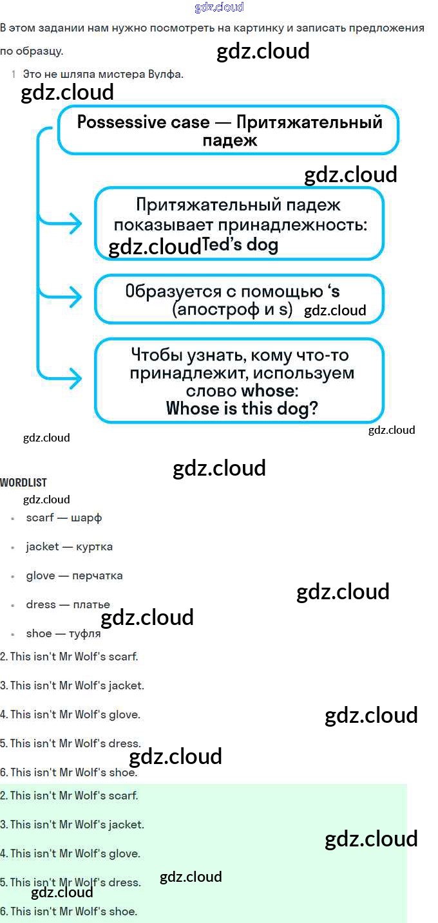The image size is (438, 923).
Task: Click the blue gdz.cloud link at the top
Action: [x=219, y=8]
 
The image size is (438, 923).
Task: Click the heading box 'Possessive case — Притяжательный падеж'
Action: [x=229, y=131]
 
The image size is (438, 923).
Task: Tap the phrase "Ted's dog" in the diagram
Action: [x=240, y=245]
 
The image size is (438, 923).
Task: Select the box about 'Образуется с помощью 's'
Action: [x=239, y=299]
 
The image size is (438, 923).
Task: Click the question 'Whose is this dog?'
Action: [x=242, y=409]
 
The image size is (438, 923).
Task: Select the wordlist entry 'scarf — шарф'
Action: [x=64, y=517]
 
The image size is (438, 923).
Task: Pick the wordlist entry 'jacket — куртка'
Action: [x=69, y=546]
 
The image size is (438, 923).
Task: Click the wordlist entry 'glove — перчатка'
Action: [x=74, y=575]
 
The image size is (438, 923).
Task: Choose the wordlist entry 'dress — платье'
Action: [x=68, y=604]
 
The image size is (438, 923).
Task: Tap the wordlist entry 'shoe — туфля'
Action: [x=63, y=633]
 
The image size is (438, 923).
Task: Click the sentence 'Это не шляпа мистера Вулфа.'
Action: [x=103, y=74]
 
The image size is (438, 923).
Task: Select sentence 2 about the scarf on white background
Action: [x=69, y=657]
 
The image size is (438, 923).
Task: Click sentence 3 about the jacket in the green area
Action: [x=72, y=825]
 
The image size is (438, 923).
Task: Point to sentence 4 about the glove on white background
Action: [x=70, y=714]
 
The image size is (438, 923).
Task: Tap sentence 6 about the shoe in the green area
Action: [x=69, y=911]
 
